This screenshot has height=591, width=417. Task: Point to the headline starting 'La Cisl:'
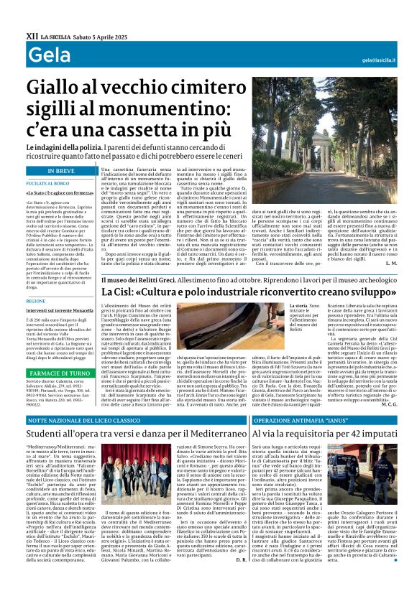[x=245, y=294]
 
